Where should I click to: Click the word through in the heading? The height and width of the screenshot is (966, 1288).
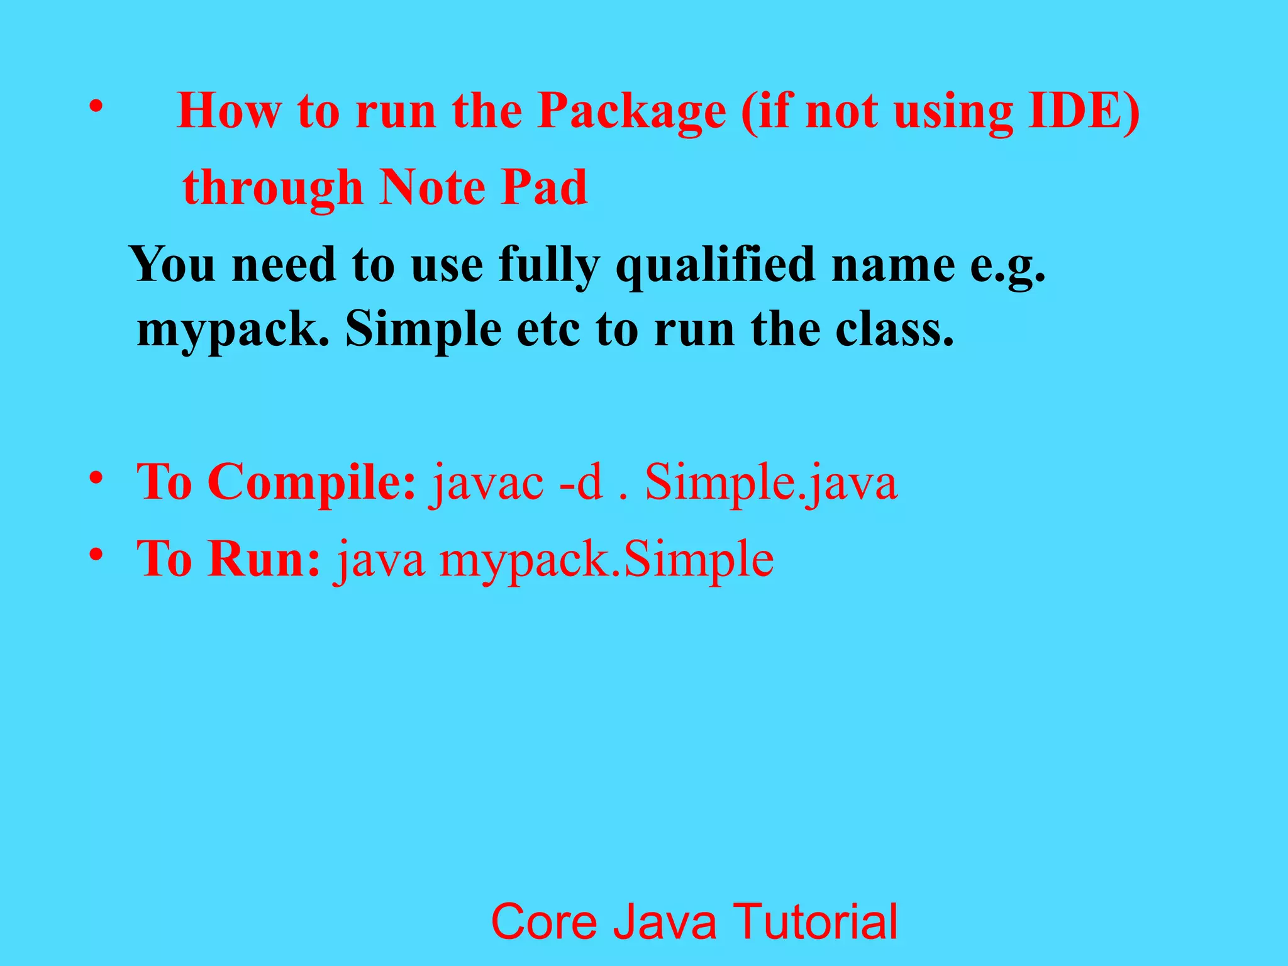click(x=273, y=189)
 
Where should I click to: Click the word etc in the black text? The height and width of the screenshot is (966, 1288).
click(x=547, y=330)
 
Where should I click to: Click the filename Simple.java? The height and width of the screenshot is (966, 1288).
click(x=771, y=483)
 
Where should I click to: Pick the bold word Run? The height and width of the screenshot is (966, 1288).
click(x=264, y=559)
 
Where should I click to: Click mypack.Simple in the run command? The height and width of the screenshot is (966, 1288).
click(x=606, y=560)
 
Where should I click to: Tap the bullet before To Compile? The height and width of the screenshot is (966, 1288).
click(x=96, y=479)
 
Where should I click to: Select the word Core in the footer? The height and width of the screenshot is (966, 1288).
click(x=543, y=921)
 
